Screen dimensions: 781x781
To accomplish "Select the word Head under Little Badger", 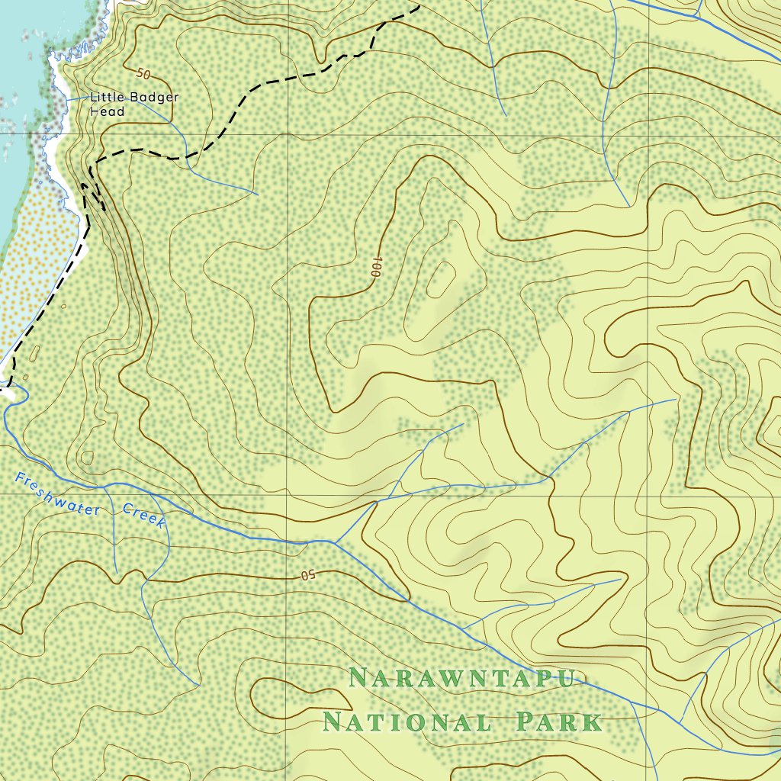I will (107, 111).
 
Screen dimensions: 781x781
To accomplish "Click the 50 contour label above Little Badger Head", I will (143, 74).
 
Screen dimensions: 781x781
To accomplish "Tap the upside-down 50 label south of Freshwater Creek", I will (307, 574).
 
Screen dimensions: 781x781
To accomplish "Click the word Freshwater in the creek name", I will (57, 494).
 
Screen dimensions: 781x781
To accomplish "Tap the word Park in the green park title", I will (559, 722).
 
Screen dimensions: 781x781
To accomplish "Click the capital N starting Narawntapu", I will (358, 677).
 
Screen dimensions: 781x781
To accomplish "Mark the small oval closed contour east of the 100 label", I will (441, 279).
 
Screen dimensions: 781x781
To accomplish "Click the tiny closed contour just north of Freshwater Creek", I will (87, 458).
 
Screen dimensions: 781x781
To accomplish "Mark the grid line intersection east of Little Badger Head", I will (288, 134).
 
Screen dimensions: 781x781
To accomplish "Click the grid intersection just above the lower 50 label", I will (288, 494).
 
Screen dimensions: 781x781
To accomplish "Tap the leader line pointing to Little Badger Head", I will (76, 98).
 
